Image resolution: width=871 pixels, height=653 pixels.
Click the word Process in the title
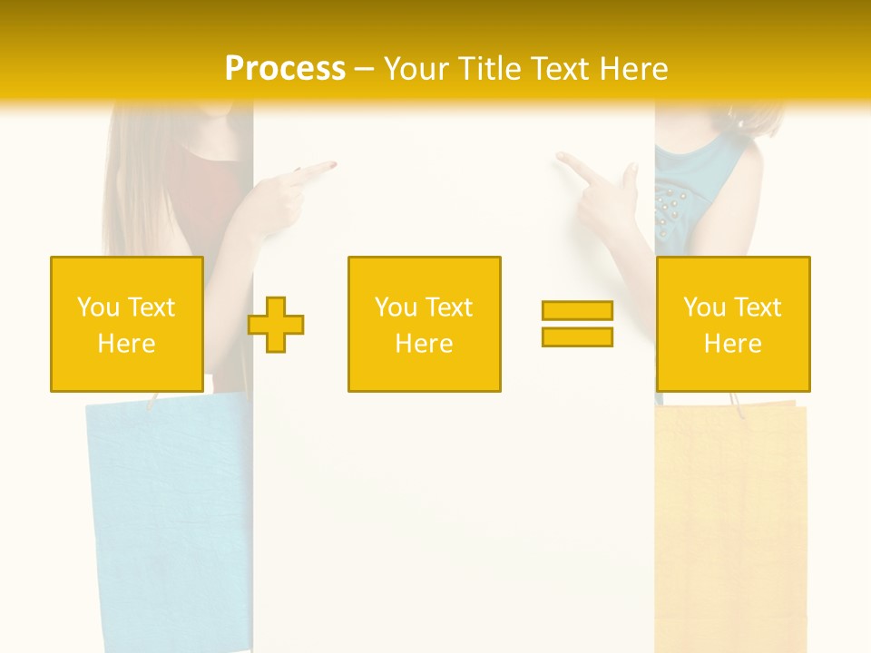285,68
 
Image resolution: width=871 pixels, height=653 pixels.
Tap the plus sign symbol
276,324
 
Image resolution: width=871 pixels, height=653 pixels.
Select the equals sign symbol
577,324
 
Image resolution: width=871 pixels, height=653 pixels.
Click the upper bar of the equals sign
577,310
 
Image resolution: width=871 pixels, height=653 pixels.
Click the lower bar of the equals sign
577,336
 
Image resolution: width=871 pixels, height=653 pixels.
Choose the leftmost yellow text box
126,324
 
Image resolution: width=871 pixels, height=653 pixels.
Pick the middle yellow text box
424,324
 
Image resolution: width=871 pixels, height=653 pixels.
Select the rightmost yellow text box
732,324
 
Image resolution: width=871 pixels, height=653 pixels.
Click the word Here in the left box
126,343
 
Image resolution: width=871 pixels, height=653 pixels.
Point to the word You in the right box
703,307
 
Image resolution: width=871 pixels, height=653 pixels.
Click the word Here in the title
631,68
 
